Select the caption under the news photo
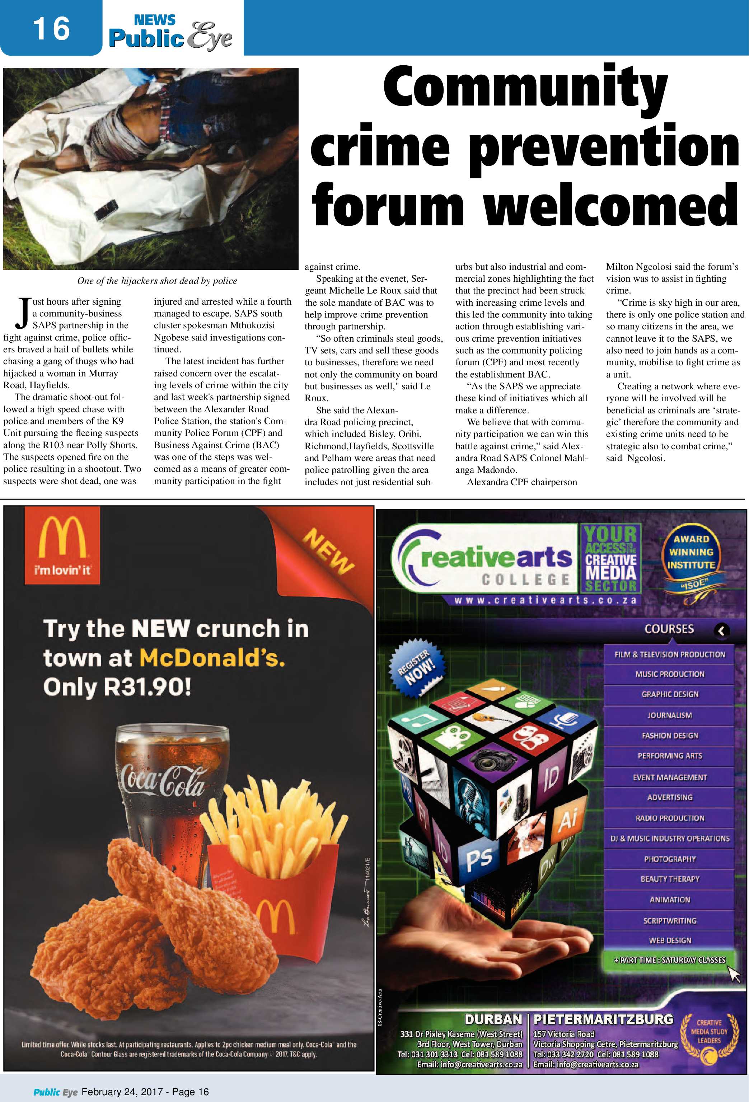pyautogui.click(x=157, y=281)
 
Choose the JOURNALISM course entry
pyautogui.click(x=669, y=715)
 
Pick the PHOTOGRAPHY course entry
pyautogui.click(x=669, y=859)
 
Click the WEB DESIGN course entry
pyautogui.click(x=669, y=940)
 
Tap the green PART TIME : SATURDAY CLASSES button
pyautogui.click(x=669, y=960)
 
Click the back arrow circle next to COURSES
pyautogui.click(x=721, y=630)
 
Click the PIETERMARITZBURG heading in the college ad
pyautogui.click(x=603, y=1019)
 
